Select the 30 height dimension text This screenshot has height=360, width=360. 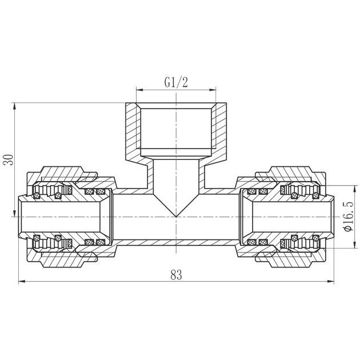[x=8, y=160]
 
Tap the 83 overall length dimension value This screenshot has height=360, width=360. [x=176, y=274]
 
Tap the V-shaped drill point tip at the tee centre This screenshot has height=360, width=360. [x=177, y=216]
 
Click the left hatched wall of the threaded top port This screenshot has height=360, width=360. [x=131, y=131]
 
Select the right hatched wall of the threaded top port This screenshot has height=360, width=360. [x=222, y=131]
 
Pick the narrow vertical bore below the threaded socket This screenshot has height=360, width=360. [x=176, y=177]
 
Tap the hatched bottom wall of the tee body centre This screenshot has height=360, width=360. [x=177, y=243]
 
